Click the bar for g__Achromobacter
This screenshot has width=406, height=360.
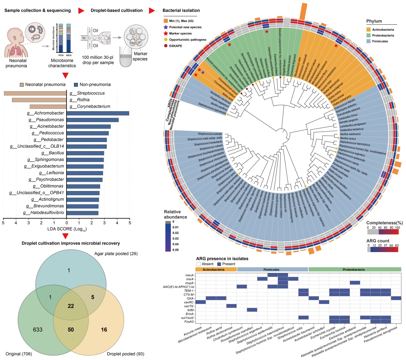[x=98, y=113]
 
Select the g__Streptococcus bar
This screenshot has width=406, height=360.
[x=35, y=93]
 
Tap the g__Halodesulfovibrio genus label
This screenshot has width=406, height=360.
[x=44, y=213]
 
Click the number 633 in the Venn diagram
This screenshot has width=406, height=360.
[x=38, y=330]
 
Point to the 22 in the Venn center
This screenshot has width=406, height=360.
[x=71, y=306]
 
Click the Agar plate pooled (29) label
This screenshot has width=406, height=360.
[x=116, y=254]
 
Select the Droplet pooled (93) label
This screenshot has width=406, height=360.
[x=125, y=354]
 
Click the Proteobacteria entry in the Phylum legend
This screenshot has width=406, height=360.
[x=383, y=35]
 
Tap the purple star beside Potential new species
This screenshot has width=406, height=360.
[x=166, y=27]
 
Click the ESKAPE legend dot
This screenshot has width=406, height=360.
[x=166, y=46]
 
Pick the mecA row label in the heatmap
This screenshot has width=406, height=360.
[x=189, y=275]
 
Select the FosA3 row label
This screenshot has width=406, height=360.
[x=189, y=322]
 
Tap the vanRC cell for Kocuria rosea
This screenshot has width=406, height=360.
[x=201, y=302]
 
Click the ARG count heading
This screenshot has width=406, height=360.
[x=378, y=241]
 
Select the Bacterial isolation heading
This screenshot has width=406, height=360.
[x=181, y=10]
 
